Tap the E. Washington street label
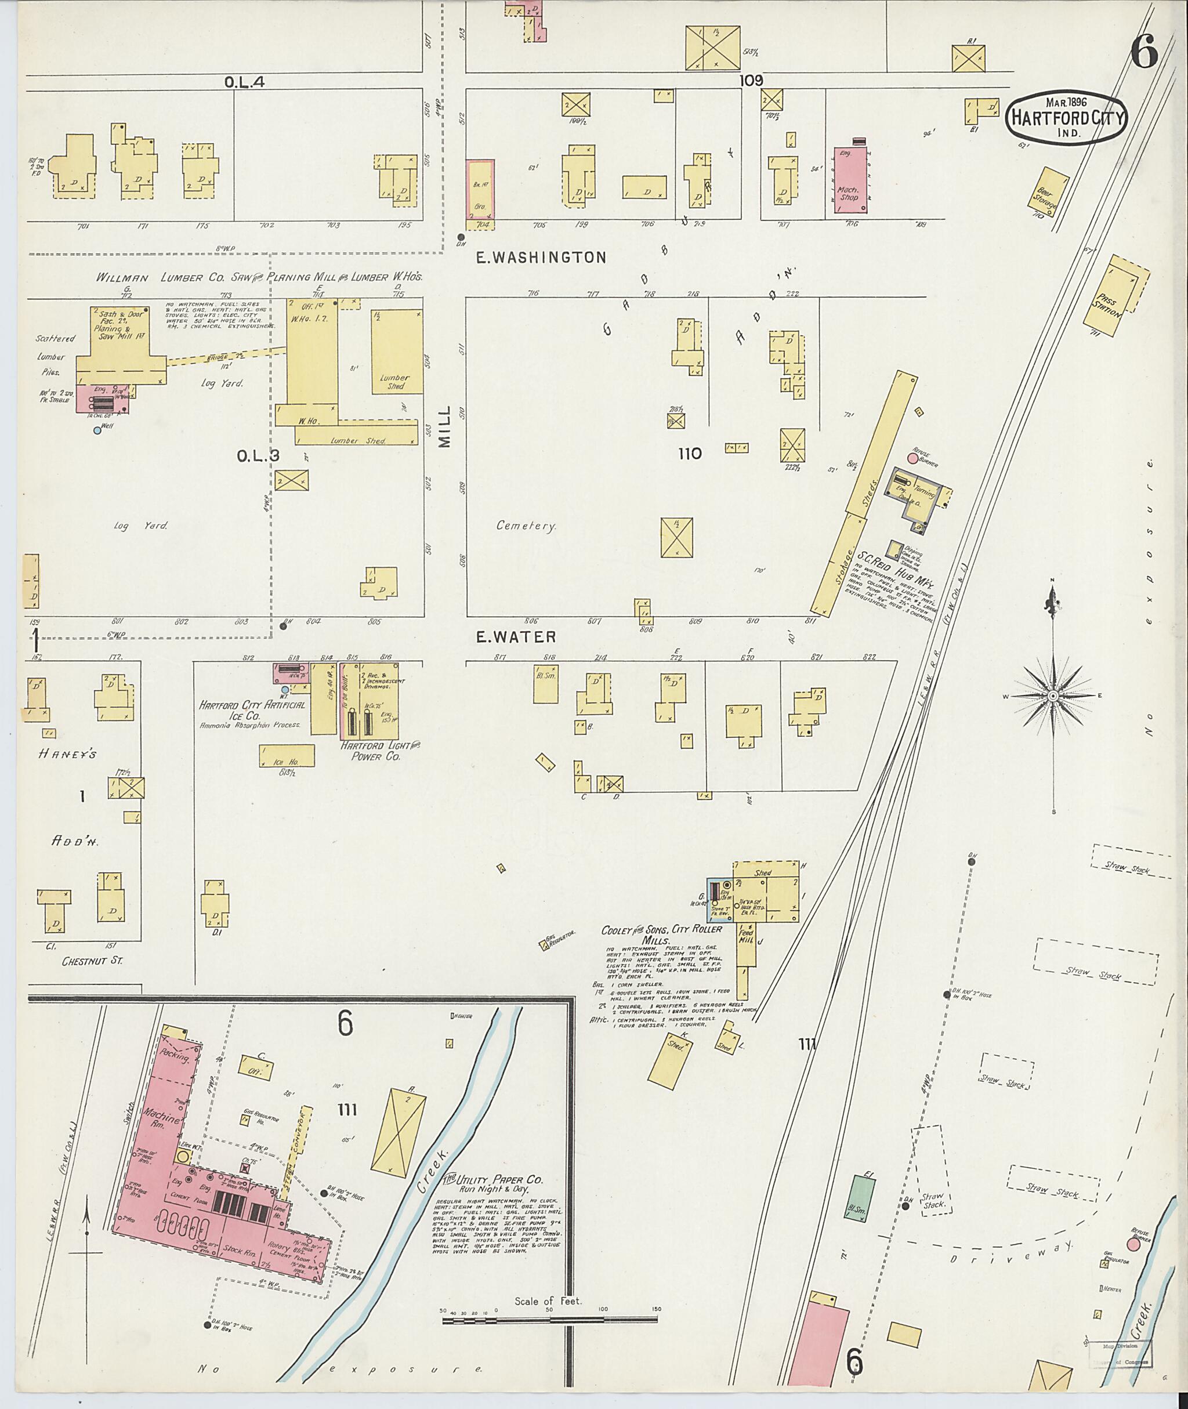coord(541,258)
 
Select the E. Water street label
coord(516,636)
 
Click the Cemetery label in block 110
coord(526,526)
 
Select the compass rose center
coord(1053,696)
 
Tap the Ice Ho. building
coord(286,755)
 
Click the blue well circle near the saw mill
coord(97,430)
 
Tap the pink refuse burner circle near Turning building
coord(912,459)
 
